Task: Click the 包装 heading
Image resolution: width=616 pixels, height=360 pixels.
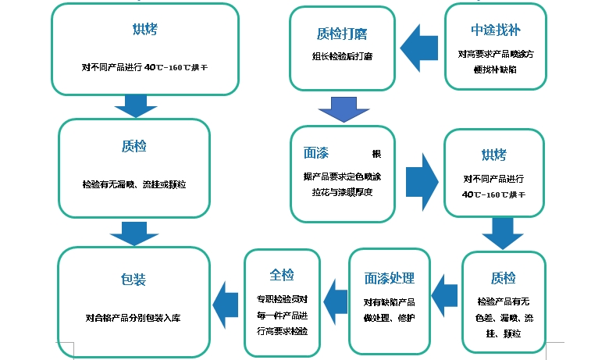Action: tap(134, 280)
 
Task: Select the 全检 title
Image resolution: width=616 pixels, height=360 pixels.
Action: tap(282, 275)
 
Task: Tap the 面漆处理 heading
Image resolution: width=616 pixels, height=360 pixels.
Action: tap(389, 279)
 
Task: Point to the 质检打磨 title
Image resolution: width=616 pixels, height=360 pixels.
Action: tap(342, 34)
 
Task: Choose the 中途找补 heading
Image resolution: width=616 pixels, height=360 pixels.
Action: tap(495, 30)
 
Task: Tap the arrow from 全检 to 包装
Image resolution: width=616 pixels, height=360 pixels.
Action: tap(225, 300)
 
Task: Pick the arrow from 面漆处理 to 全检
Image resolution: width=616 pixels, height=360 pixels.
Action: tap(335, 297)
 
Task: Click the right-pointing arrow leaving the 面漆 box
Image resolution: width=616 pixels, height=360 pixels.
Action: tap(420, 180)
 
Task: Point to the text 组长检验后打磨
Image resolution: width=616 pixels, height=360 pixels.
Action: tap(341, 56)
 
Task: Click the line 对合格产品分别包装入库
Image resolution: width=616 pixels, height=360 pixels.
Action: tap(134, 318)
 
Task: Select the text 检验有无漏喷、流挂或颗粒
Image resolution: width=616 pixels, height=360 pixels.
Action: tap(134, 185)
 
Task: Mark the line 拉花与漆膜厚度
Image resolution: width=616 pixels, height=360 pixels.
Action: tap(340, 192)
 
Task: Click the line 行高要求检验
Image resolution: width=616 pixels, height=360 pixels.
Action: tap(282, 331)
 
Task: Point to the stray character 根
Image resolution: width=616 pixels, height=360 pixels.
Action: tap(376, 153)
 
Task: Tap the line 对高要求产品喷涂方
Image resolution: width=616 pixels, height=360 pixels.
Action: tap(496, 55)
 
